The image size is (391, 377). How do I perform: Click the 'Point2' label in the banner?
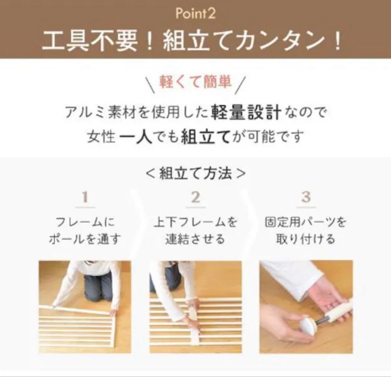point(195,14)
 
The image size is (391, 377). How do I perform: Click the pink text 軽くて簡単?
point(195,82)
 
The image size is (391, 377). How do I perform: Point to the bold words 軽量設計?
point(246,113)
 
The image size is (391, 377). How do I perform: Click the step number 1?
point(85,198)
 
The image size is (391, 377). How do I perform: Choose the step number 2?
point(195,198)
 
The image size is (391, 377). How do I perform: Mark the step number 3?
point(306,198)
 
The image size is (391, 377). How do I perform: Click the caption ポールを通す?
point(85,239)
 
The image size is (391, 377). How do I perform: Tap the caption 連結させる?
point(195,239)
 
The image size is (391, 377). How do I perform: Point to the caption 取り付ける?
point(306,239)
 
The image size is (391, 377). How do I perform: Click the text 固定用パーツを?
point(306,222)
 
